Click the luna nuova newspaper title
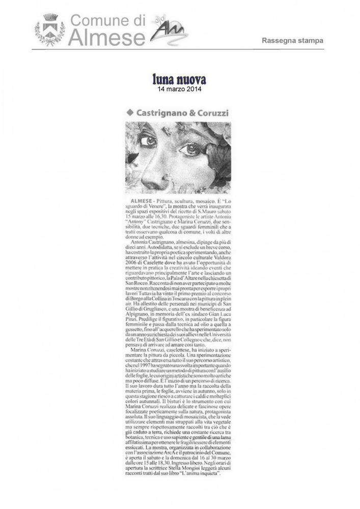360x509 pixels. tap(180, 79)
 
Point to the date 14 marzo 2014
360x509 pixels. tap(180, 89)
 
